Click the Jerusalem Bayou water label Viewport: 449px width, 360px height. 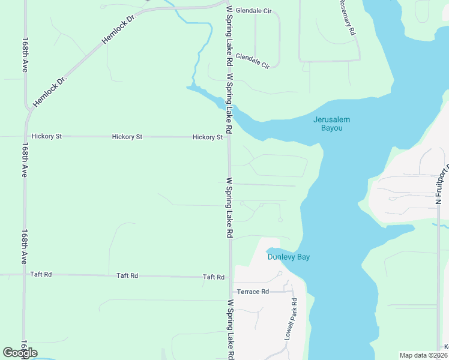[331, 124]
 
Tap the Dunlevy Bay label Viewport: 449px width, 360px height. [288, 257]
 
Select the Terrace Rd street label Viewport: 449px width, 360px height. [253, 292]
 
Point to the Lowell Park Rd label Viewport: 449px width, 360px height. [291, 320]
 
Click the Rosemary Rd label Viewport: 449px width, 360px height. [346, 17]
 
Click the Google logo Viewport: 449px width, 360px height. [20, 352]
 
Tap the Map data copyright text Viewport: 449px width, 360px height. [423, 355]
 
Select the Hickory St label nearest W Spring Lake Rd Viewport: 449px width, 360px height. [208, 137]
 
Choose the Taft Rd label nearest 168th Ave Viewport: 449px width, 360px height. [41, 274]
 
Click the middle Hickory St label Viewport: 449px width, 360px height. [127, 137]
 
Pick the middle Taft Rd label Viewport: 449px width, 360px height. [127, 275]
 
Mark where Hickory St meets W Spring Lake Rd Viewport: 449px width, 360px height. [229, 137]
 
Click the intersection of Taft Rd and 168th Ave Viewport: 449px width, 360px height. [25, 274]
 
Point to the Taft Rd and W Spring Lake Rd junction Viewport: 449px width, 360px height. [230, 277]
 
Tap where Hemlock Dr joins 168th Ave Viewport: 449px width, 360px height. [29, 109]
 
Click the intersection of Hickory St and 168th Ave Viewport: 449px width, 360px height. [26, 136]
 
